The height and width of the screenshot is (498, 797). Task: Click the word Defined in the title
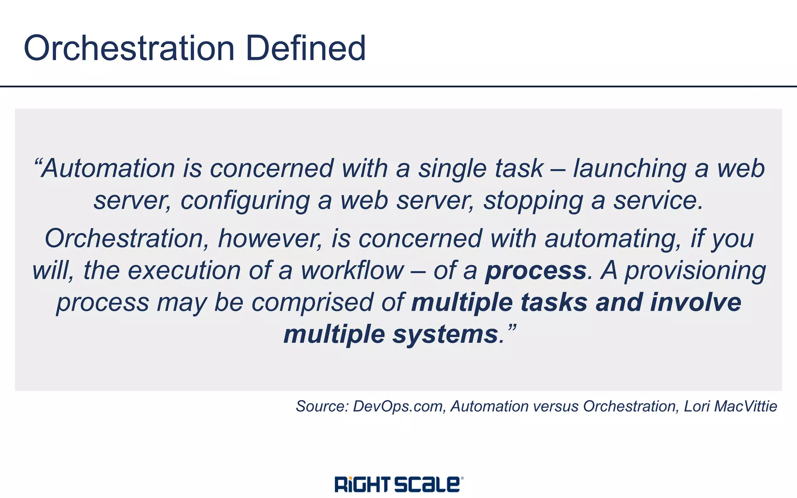coord(306,48)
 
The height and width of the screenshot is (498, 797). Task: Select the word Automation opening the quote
coord(109,169)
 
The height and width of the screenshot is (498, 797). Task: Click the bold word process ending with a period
coord(535,271)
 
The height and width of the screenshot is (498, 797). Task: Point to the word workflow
coord(352,271)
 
